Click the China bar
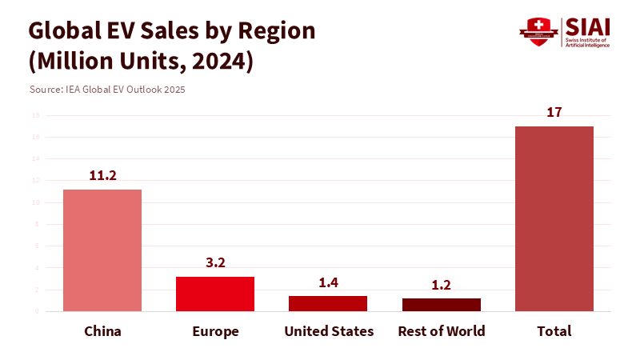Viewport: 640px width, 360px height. pyautogui.click(x=102, y=250)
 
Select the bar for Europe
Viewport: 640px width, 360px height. pyautogui.click(x=215, y=294)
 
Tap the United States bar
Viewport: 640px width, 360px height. pyautogui.click(x=328, y=303)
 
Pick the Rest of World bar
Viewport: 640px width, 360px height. pyautogui.click(x=441, y=304)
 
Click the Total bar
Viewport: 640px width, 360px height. pyautogui.click(x=554, y=218)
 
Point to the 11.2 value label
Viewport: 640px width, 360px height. pyautogui.click(x=102, y=175)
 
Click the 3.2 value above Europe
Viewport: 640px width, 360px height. pyautogui.click(x=215, y=262)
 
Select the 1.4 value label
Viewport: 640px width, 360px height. pyautogui.click(x=328, y=282)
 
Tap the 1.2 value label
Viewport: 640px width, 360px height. pyautogui.click(x=441, y=284)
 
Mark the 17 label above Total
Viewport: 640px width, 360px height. pyautogui.click(x=554, y=112)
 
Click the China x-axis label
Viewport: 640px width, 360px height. pyautogui.click(x=102, y=331)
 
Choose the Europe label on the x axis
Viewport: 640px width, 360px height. pyautogui.click(x=215, y=331)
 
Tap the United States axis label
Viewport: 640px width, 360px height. pyautogui.click(x=329, y=331)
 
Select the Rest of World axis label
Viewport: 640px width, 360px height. pyautogui.click(x=441, y=331)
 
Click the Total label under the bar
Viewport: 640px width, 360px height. pyautogui.click(x=554, y=331)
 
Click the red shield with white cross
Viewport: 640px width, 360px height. pyautogui.click(x=538, y=30)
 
